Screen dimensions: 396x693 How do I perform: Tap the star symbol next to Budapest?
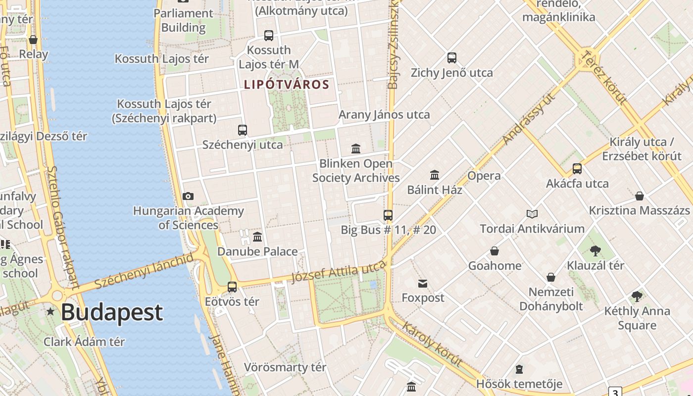pos(50,312)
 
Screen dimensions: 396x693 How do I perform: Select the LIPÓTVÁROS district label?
pos(287,85)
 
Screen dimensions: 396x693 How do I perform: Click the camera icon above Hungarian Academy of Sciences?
pos(188,197)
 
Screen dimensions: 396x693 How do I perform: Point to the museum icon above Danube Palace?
pos(257,237)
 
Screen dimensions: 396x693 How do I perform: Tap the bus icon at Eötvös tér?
pos(232,287)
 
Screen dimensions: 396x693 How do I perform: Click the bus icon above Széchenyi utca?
pos(242,130)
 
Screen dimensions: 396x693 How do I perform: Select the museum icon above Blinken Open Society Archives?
pos(355,148)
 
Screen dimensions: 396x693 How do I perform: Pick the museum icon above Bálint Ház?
pos(435,175)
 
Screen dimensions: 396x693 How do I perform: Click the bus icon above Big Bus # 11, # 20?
pos(388,215)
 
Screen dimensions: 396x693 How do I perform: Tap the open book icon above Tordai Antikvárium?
pos(532,214)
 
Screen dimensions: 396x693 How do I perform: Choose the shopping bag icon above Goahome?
pos(494,251)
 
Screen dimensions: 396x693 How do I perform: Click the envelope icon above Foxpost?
pos(423,284)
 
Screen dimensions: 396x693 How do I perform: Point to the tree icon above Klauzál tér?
pos(595,251)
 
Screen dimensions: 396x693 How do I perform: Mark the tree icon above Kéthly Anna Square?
pos(637,297)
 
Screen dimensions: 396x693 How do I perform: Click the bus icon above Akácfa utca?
pos(577,169)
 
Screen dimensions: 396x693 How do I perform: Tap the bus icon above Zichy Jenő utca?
pos(451,58)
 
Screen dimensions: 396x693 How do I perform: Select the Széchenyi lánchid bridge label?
pos(144,271)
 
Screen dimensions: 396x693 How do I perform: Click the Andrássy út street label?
pos(529,118)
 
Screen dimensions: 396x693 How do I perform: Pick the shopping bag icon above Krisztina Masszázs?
pos(640,196)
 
